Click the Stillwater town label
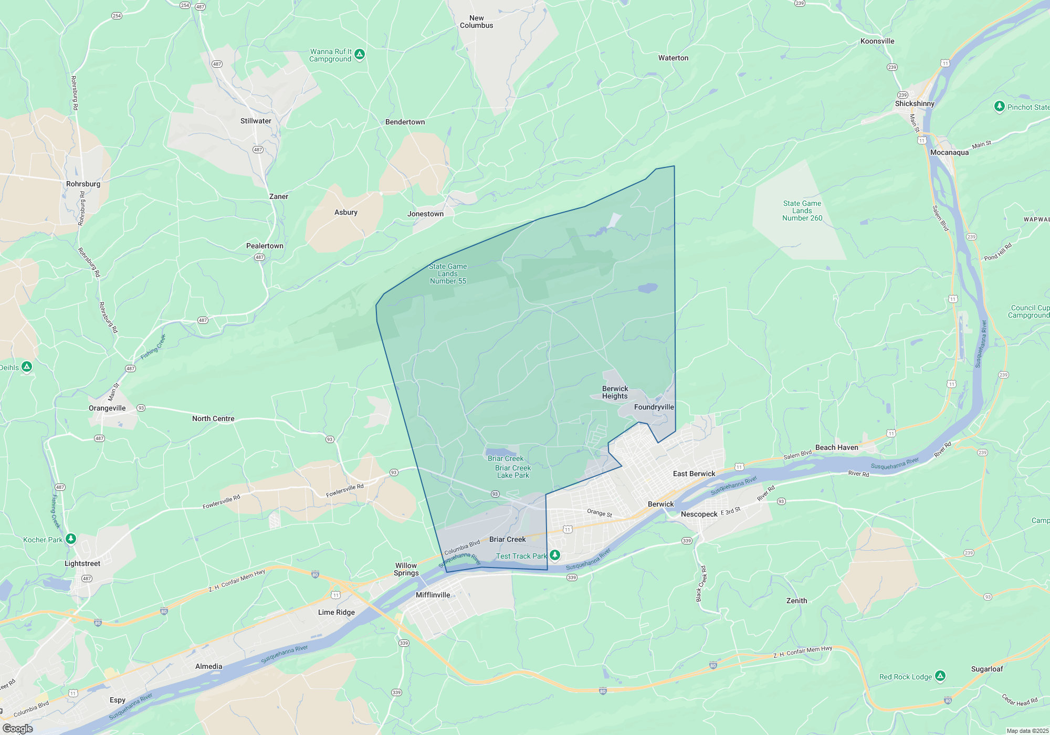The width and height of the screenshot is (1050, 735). [x=256, y=121]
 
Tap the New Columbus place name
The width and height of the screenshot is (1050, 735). [x=476, y=22]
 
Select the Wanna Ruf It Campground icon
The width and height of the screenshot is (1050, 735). [x=360, y=54]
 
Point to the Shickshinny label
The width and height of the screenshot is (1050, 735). [x=915, y=103]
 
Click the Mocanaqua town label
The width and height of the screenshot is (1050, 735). [x=949, y=152]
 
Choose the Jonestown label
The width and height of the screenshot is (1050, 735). [x=425, y=214]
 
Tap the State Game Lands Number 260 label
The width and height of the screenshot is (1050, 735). [x=802, y=211]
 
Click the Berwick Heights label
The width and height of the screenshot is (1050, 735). [x=615, y=392]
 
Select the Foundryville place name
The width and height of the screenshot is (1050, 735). [x=654, y=407]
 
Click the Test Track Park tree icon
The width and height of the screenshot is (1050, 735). [x=555, y=555]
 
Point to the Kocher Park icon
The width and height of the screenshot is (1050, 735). [x=71, y=539]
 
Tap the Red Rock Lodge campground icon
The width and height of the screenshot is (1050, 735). [x=940, y=676]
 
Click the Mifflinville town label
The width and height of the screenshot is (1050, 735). [x=433, y=595]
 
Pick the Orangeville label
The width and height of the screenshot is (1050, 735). [x=107, y=408]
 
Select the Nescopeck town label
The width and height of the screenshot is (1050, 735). [x=699, y=514]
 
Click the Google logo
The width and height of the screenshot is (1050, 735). [x=18, y=728]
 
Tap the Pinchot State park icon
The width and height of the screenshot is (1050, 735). [x=1000, y=107]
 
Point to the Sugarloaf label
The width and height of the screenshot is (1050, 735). [x=986, y=669]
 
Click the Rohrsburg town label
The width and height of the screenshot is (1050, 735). [x=83, y=184]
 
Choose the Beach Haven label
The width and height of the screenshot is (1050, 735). [x=836, y=447]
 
